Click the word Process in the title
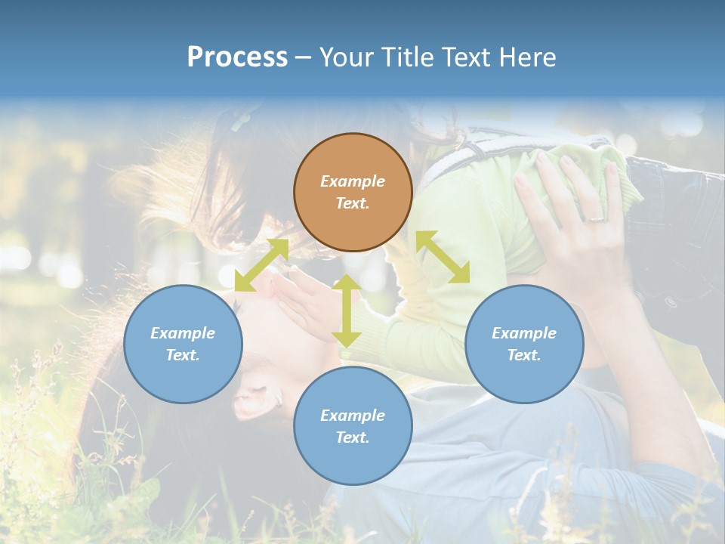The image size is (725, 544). (237, 57)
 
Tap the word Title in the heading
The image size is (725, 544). (409, 57)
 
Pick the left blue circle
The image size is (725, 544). (183, 344)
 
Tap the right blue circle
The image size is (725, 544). (524, 344)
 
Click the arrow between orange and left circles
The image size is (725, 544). (261, 264)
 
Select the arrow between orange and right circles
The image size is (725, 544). (443, 257)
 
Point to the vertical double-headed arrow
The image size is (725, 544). (347, 311)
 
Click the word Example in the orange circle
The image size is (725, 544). (353, 181)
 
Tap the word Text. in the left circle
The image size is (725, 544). (183, 355)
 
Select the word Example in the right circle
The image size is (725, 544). (524, 333)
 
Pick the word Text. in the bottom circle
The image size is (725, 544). (353, 437)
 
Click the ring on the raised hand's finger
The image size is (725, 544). (595, 219)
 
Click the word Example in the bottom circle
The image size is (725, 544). (353, 416)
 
